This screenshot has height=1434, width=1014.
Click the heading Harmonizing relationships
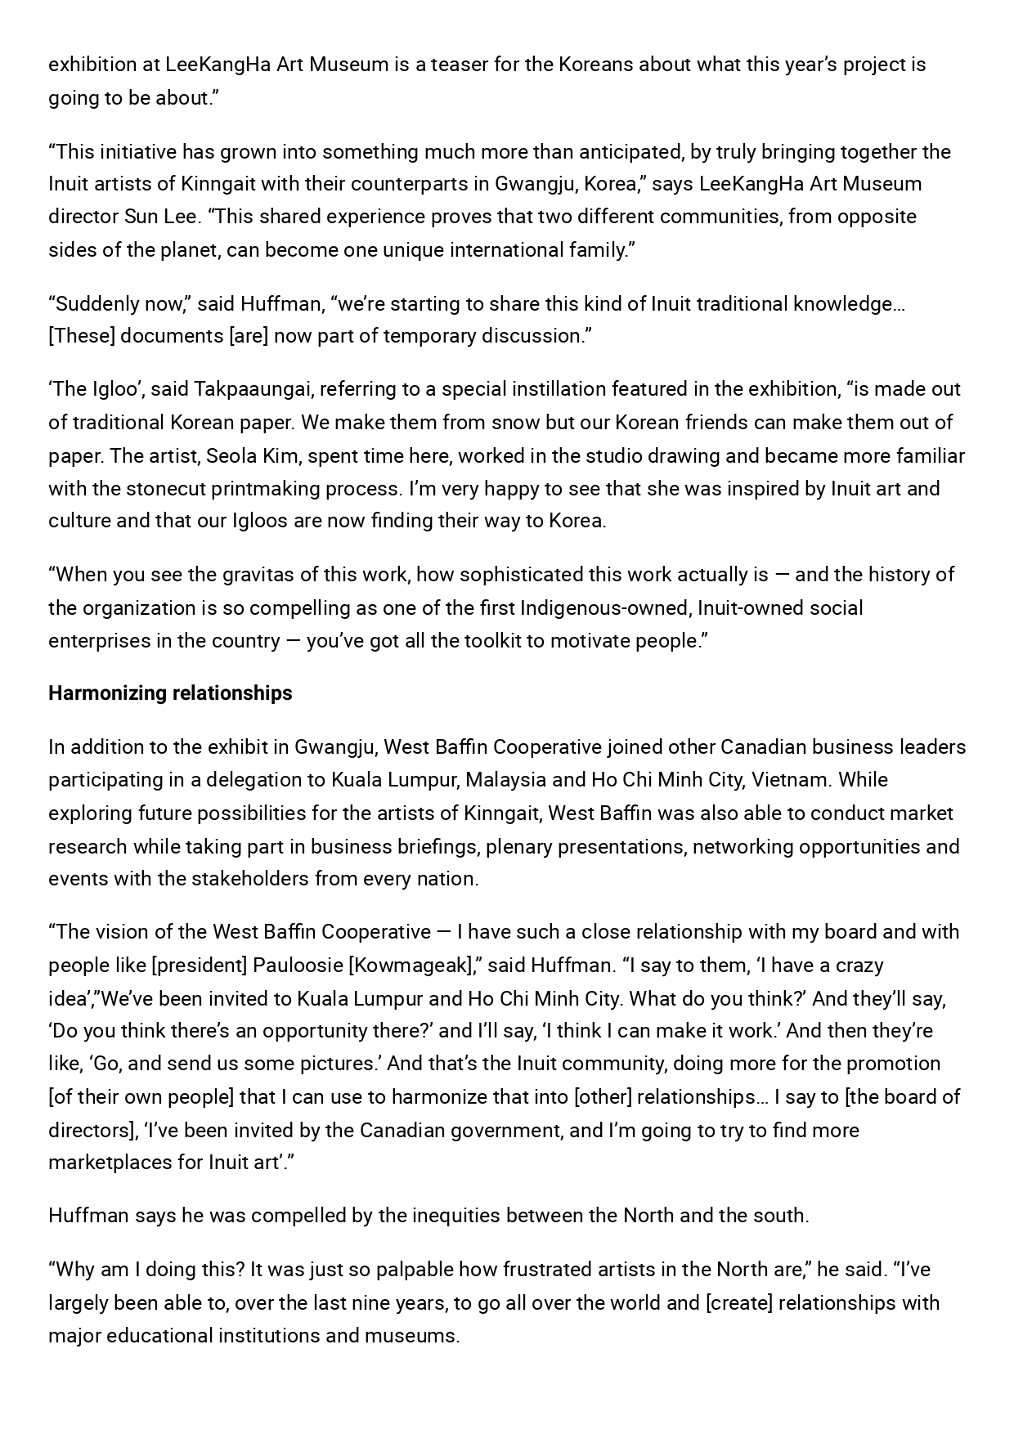[x=170, y=693]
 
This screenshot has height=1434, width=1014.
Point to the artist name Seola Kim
[x=252, y=455]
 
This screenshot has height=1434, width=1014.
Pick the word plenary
[x=516, y=846]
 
